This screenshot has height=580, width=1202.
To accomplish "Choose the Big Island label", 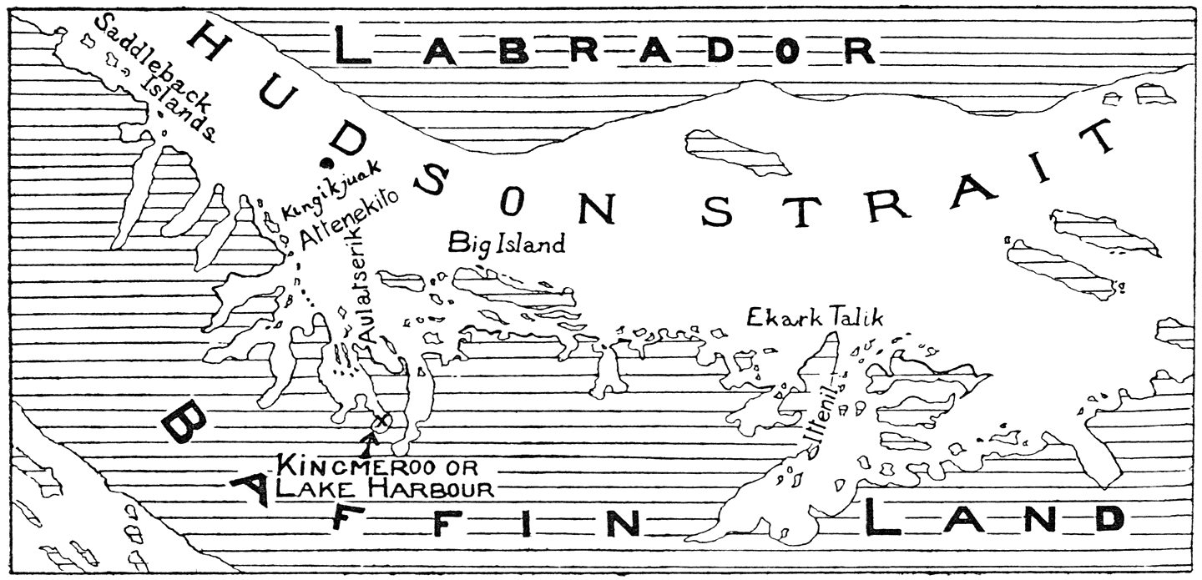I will [507, 244].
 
